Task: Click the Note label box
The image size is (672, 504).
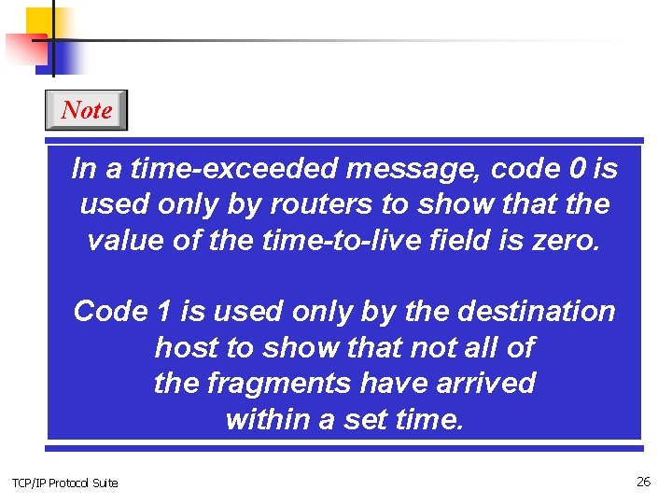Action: (86, 110)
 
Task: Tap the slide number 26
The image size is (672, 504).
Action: (643, 482)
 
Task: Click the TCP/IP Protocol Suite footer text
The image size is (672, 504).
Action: (64, 483)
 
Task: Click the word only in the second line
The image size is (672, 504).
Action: (200, 204)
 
